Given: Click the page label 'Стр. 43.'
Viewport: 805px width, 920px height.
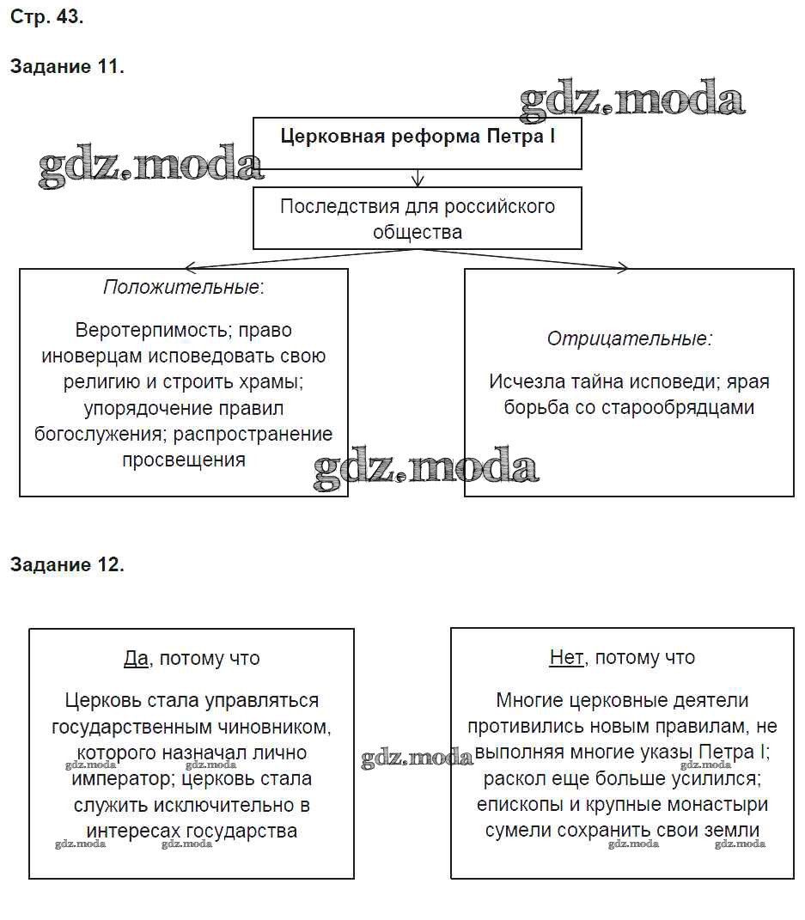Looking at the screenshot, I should pos(46,16).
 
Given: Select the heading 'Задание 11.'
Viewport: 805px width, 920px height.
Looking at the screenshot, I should pos(67,67).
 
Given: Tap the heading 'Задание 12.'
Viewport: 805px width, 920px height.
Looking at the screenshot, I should pos(67,564).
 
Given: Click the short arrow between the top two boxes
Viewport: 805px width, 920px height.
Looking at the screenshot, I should pos(418,178).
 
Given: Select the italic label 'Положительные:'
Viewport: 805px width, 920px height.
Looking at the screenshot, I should pos(184,287).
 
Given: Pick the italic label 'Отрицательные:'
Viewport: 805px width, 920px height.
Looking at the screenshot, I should pos(629,338).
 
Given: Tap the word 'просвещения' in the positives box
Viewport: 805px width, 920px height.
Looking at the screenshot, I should pos(184,460).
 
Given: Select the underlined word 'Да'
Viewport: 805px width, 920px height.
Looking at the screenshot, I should pos(136,658).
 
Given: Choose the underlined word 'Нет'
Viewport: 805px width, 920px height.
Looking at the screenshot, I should pos(566,658).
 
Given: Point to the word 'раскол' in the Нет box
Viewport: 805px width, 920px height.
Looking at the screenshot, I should pos(512,779).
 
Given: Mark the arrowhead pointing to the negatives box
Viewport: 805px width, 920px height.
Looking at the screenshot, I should pos(623,268).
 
